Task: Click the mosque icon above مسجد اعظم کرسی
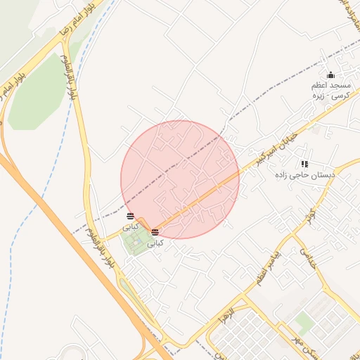(x=331, y=75)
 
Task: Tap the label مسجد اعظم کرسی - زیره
(x=331, y=89)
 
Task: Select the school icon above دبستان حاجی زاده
(x=304, y=164)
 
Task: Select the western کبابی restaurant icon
(x=130, y=216)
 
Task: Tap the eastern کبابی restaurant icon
(x=155, y=231)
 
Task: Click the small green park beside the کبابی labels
(x=134, y=243)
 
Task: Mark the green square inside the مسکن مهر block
(x=304, y=323)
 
